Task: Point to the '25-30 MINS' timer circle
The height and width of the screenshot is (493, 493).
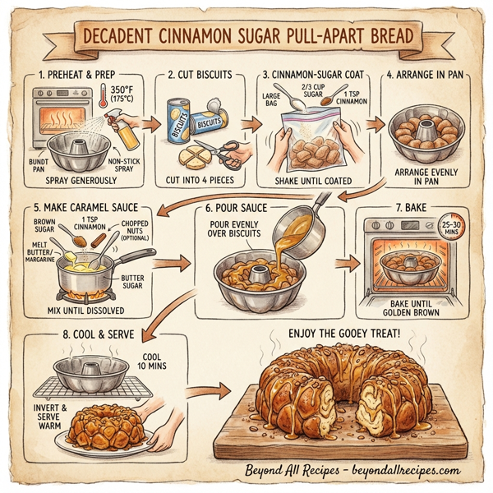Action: click(449, 228)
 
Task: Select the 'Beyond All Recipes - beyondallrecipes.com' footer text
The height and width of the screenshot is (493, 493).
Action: click(352, 472)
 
